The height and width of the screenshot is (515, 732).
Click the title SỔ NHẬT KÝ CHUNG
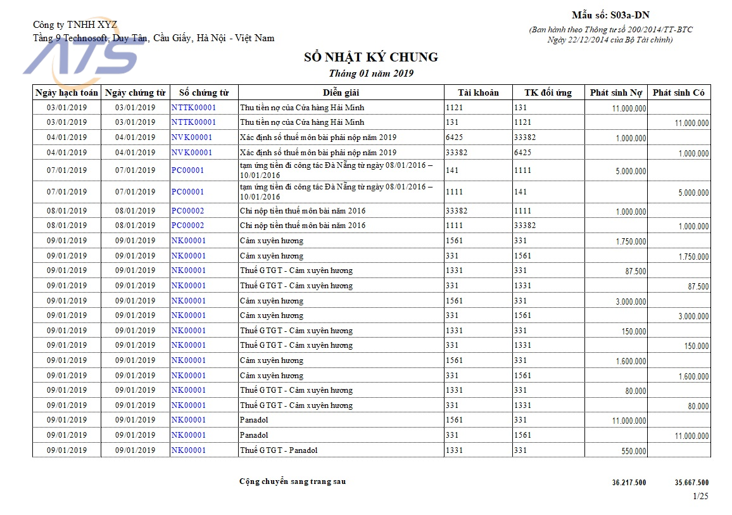[x=371, y=58]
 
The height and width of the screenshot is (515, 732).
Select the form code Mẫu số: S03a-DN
[x=610, y=15]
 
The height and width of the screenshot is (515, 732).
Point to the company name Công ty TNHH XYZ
[x=75, y=25]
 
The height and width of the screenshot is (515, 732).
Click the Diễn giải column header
[x=341, y=92]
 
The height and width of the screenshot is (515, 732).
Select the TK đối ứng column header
[x=548, y=92]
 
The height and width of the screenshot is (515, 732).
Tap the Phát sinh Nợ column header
[x=615, y=92]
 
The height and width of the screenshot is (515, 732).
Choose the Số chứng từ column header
[x=204, y=92]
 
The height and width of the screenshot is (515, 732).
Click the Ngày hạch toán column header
[x=66, y=92]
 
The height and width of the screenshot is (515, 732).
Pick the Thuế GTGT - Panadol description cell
[x=279, y=450]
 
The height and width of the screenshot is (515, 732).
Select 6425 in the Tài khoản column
[x=455, y=137]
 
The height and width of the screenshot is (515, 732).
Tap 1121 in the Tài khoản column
[x=455, y=108]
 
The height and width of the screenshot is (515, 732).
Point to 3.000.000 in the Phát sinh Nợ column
[x=631, y=302]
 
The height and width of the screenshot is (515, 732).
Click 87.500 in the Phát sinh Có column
[x=698, y=287]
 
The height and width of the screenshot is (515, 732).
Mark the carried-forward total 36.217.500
[x=629, y=483]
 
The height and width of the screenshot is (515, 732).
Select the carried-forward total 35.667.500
[x=691, y=483]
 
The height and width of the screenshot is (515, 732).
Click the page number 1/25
[x=701, y=496]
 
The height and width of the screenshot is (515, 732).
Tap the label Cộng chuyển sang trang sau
[x=293, y=481]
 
